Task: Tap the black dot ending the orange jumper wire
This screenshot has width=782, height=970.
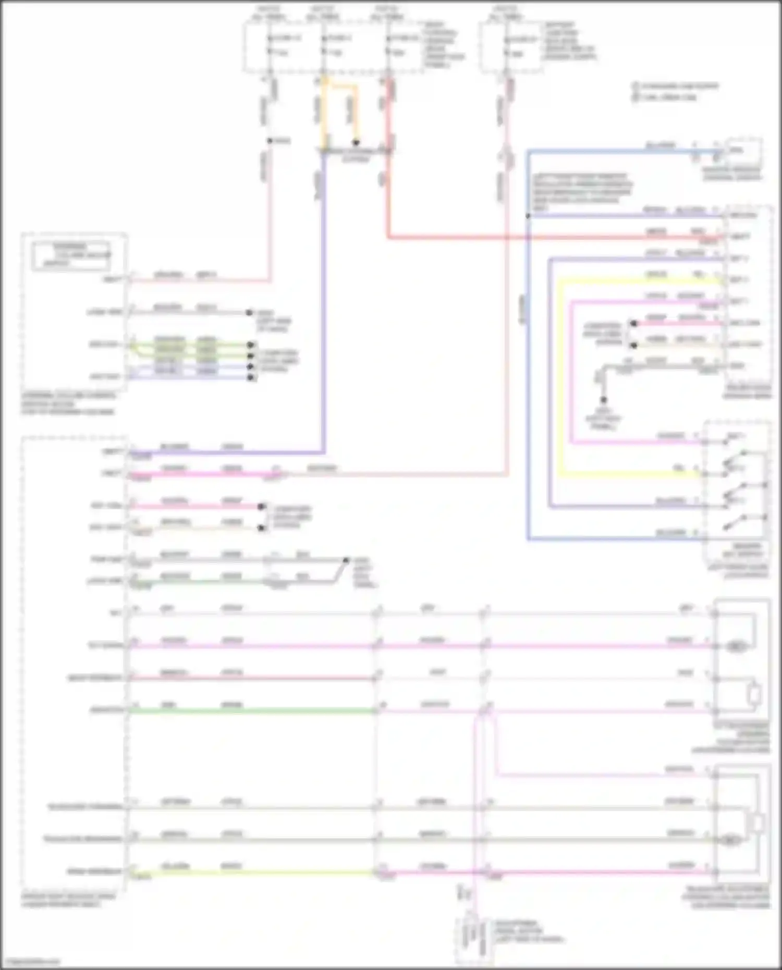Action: point(356,142)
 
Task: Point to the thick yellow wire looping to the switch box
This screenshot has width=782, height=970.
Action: point(558,375)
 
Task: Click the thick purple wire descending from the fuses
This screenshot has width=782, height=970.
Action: point(324,313)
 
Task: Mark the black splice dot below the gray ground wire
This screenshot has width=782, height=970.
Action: point(603,400)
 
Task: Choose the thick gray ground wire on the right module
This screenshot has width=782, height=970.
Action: point(662,366)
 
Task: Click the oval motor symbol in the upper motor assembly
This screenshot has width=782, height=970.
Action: point(736,646)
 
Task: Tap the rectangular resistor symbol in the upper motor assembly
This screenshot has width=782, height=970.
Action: point(754,694)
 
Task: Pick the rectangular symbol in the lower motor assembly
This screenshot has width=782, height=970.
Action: point(755,822)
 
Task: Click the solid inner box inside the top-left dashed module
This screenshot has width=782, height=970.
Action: point(70,255)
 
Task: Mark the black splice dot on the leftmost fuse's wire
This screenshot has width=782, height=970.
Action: point(270,141)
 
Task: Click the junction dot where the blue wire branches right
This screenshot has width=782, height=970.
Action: point(528,215)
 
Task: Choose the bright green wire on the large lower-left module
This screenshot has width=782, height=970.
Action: point(250,710)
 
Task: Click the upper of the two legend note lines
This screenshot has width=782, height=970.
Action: point(676,86)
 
